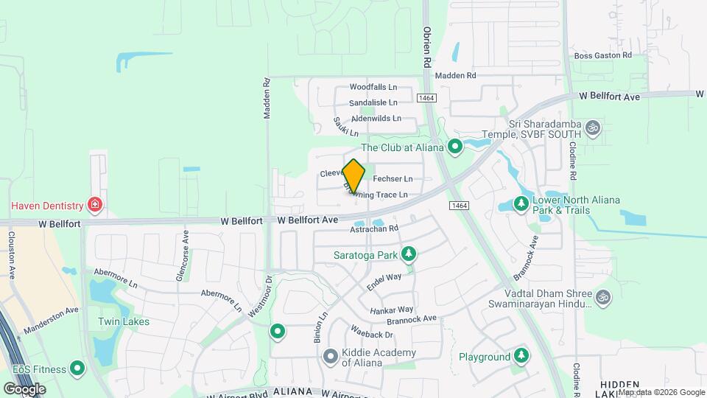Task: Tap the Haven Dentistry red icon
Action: tap(94, 203)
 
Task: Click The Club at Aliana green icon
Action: tap(455, 147)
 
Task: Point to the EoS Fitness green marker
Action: tap(77, 369)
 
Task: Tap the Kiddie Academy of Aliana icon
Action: tap(330, 356)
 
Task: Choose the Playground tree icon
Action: tap(521, 357)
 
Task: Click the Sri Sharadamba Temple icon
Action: tap(593, 129)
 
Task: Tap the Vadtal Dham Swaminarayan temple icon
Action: tap(603, 297)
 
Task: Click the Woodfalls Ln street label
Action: tap(373, 87)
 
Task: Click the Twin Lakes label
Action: tap(124, 321)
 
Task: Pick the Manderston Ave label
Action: tap(51, 320)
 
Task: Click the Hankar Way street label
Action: tap(392, 310)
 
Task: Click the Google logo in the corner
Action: tap(24, 388)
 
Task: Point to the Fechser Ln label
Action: tap(393, 179)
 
